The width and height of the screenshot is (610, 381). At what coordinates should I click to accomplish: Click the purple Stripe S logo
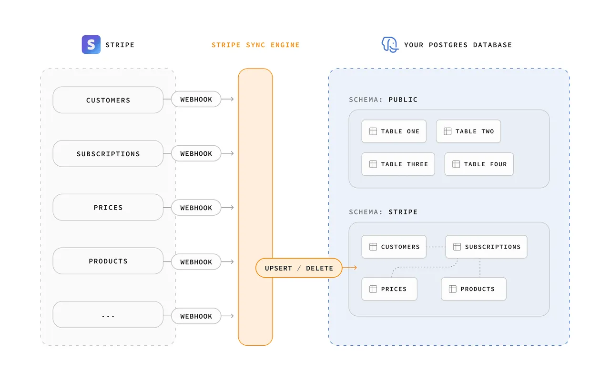(91, 44)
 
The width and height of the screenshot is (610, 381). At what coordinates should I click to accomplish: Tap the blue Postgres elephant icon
(390, 45)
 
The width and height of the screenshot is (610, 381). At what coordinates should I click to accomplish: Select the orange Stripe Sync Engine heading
(255, 45)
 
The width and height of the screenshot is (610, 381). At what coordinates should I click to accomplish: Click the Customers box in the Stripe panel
(108, 100)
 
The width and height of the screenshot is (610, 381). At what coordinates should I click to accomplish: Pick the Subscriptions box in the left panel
(108, 153)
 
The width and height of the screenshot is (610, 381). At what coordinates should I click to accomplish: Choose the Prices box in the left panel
(108, 207)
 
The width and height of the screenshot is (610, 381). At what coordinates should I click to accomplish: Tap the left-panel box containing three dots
(108, 314)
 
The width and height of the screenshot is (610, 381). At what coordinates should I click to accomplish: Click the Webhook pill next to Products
(196, 262)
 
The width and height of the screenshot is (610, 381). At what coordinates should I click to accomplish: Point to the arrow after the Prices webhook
(227, 207)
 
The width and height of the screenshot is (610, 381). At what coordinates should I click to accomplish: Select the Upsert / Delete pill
(299, 268)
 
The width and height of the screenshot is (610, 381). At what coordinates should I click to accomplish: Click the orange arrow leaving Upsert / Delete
(350, 268)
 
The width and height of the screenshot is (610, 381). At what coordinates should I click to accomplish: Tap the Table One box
(394, 131)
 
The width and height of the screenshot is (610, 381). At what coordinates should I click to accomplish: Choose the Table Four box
(479, 164)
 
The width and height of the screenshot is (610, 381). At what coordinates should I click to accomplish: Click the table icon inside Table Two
(447, 131)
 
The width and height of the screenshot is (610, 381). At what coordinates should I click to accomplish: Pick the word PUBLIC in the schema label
(403, 100)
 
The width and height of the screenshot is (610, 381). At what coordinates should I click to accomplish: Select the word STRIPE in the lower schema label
(403, 212)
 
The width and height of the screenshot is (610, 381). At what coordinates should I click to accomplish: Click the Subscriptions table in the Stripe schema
(486, 247)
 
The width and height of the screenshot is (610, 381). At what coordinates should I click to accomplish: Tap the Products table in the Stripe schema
(474, 289)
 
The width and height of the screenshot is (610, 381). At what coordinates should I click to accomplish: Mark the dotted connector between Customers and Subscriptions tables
(436, 247)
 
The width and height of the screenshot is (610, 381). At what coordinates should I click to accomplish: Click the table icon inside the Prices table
(373, 289)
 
